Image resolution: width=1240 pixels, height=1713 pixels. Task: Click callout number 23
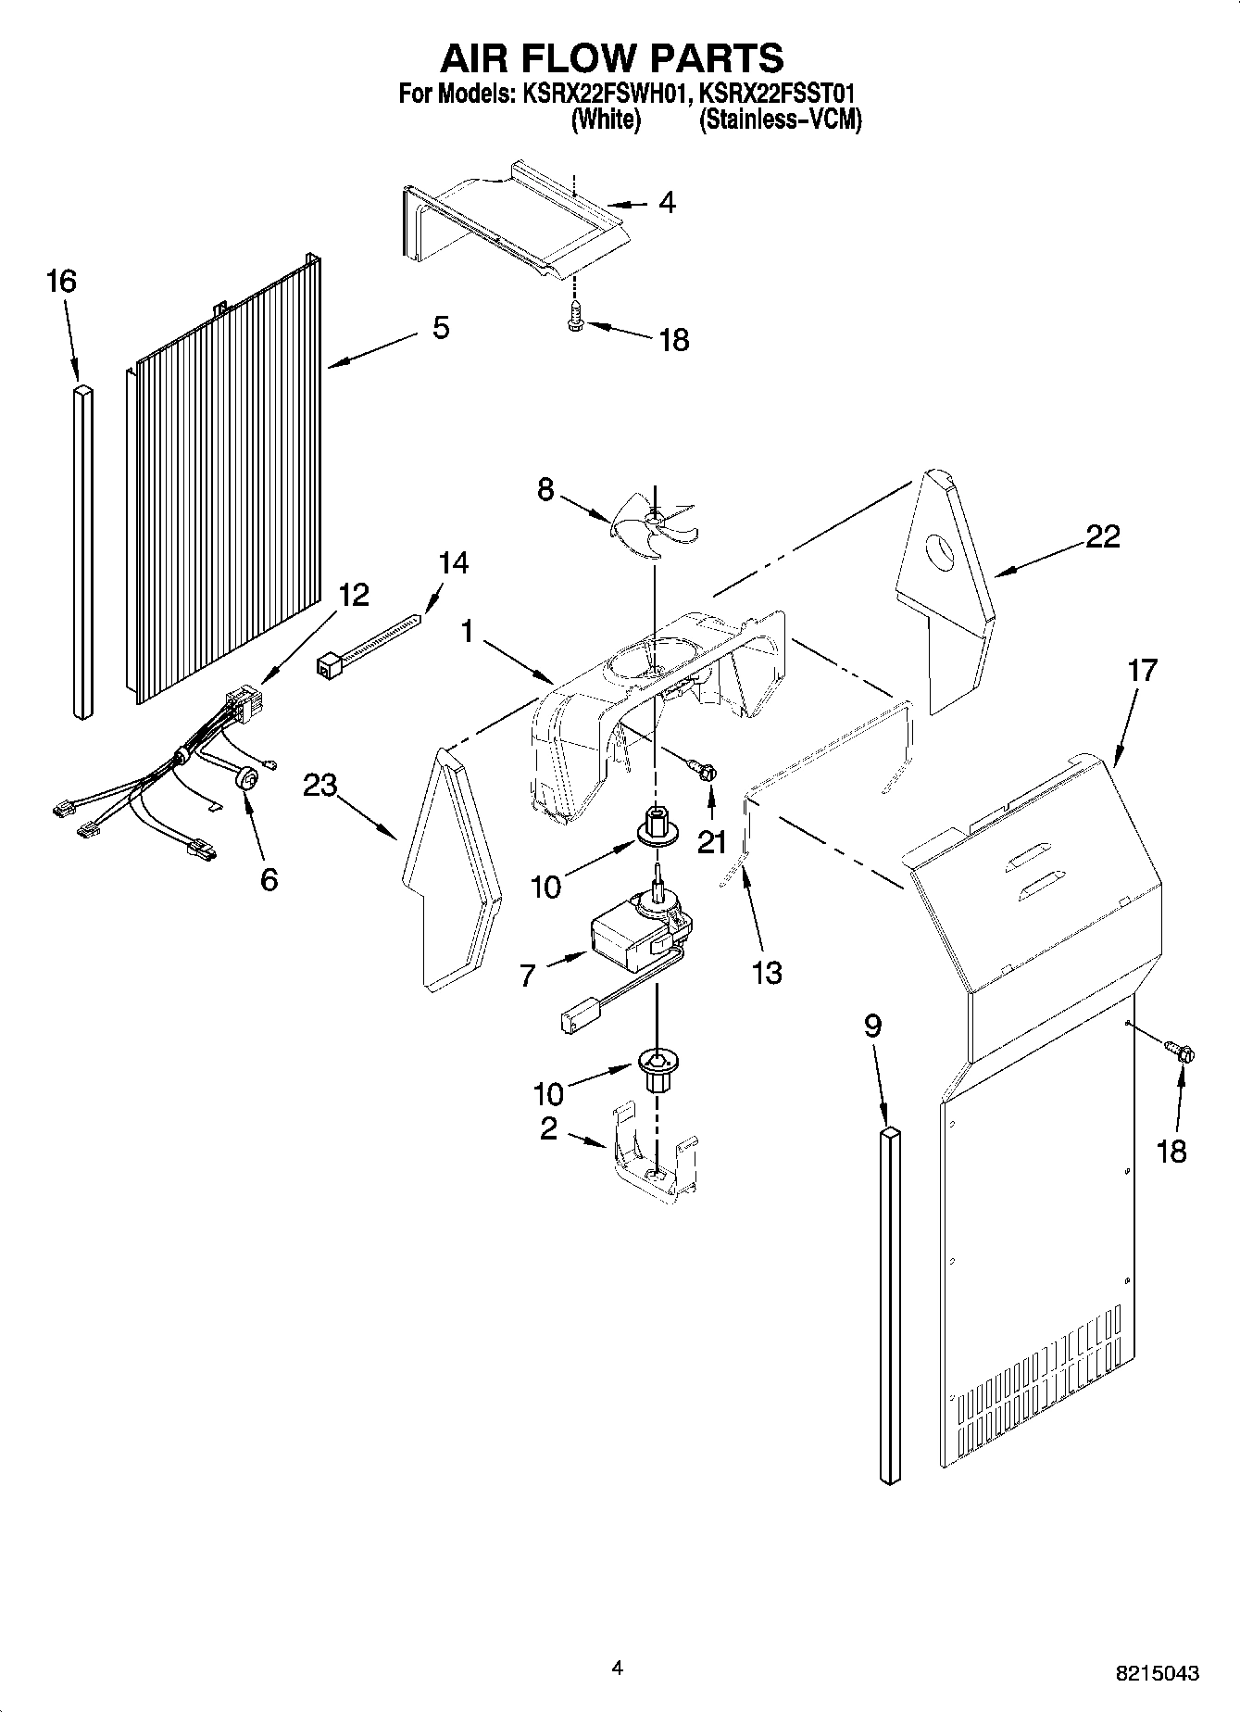tap(320, 787)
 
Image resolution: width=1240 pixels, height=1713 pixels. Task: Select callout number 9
tap(872, 1026)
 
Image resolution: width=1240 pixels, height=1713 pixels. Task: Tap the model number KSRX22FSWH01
tap(600, 94)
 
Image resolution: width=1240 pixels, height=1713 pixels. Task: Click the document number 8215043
tap(1157, 1673)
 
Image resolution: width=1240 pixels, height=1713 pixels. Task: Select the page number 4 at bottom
tap(618, 1668)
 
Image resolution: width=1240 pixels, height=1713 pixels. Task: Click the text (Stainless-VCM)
tap(780, 120)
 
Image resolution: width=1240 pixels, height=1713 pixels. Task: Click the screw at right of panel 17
tap(1180, 1052)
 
